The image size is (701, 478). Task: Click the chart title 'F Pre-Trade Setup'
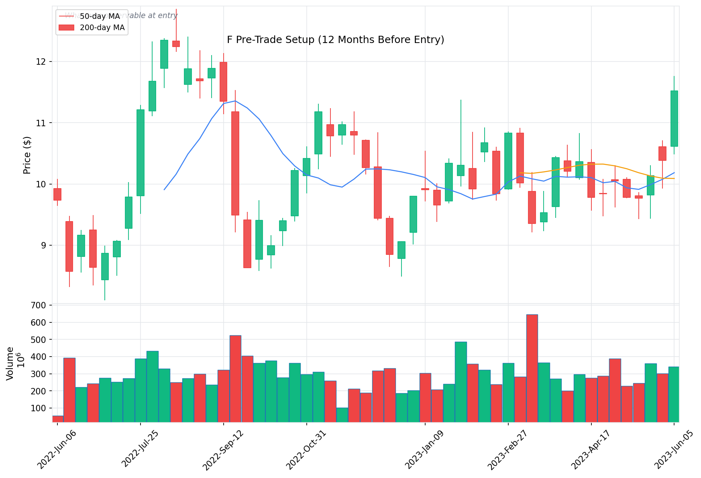click(x=335, y=40)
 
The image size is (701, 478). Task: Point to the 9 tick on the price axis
click(x=44, y=246)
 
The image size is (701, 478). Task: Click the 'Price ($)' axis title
click(x=27, y=155)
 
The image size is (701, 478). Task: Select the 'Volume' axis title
click(x=10, y=363)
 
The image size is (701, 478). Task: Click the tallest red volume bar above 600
click(x=532, y=368)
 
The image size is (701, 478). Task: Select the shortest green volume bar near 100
click(x=342, y=415)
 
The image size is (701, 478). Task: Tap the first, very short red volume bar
click(x=57, y=419)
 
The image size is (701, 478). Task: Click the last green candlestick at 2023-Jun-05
click(x=674, y=119)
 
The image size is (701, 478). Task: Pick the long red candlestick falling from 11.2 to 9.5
click(x=235, y=163)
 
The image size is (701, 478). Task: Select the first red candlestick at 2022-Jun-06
click(x=57, y=194)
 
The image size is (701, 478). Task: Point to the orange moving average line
click(x=591, y=164)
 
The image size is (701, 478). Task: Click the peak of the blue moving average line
click(x=235, y=101)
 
